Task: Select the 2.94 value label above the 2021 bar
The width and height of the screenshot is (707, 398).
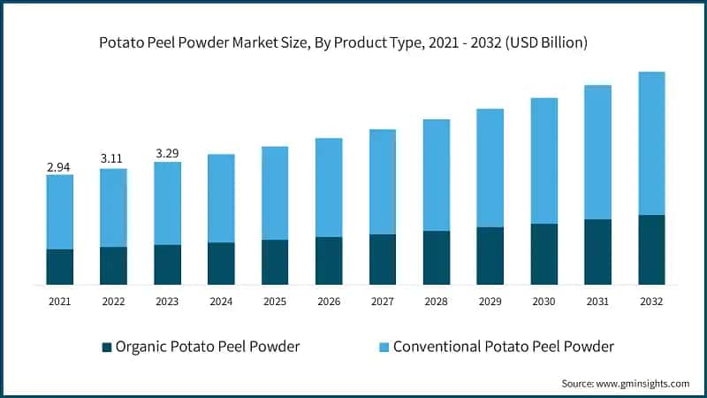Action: pyautogui.click(x=59, y=165)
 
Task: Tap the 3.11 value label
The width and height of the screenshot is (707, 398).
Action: pyautogui.click(x=113, y=158)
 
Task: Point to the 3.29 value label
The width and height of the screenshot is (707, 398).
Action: pyautogui.click(x=167, y=153)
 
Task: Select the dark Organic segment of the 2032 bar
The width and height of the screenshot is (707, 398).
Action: pyautogui.click(x=651, y=249)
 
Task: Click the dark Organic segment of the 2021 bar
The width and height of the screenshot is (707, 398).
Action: pyautogui.click(x=59, y=267)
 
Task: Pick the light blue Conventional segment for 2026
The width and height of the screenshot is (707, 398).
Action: pyautogui.click(x=329, y=188)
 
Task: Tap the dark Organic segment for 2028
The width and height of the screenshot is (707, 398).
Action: pyautogui.click(x=437, y=257)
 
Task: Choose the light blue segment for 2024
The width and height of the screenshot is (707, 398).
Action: pyautogui.click(x=221, y=198)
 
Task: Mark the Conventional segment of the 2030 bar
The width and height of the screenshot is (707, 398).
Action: pyautogui.click(x=544, y=161)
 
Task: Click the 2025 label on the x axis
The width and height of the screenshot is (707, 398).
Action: pyautogui.click(x=275, y=302)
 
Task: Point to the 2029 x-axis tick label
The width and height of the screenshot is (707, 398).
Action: pyautogui.click(x=490, y=302)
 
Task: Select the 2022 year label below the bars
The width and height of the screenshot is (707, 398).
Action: pyautogui.click(x=113, y=302)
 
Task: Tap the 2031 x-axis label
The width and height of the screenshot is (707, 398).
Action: pyautogui.click(x=597, y=302)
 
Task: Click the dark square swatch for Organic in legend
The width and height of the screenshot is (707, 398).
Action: pyautogui.click(x=107, y=346)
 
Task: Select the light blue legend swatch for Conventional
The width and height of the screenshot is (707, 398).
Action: pyautogui.click(x=384, y=346)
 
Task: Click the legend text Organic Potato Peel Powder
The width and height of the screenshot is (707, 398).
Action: pyautogui.click(x=208, y=346)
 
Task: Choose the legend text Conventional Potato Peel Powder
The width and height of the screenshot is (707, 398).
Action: pyautogui.click(x=503, y=346)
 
